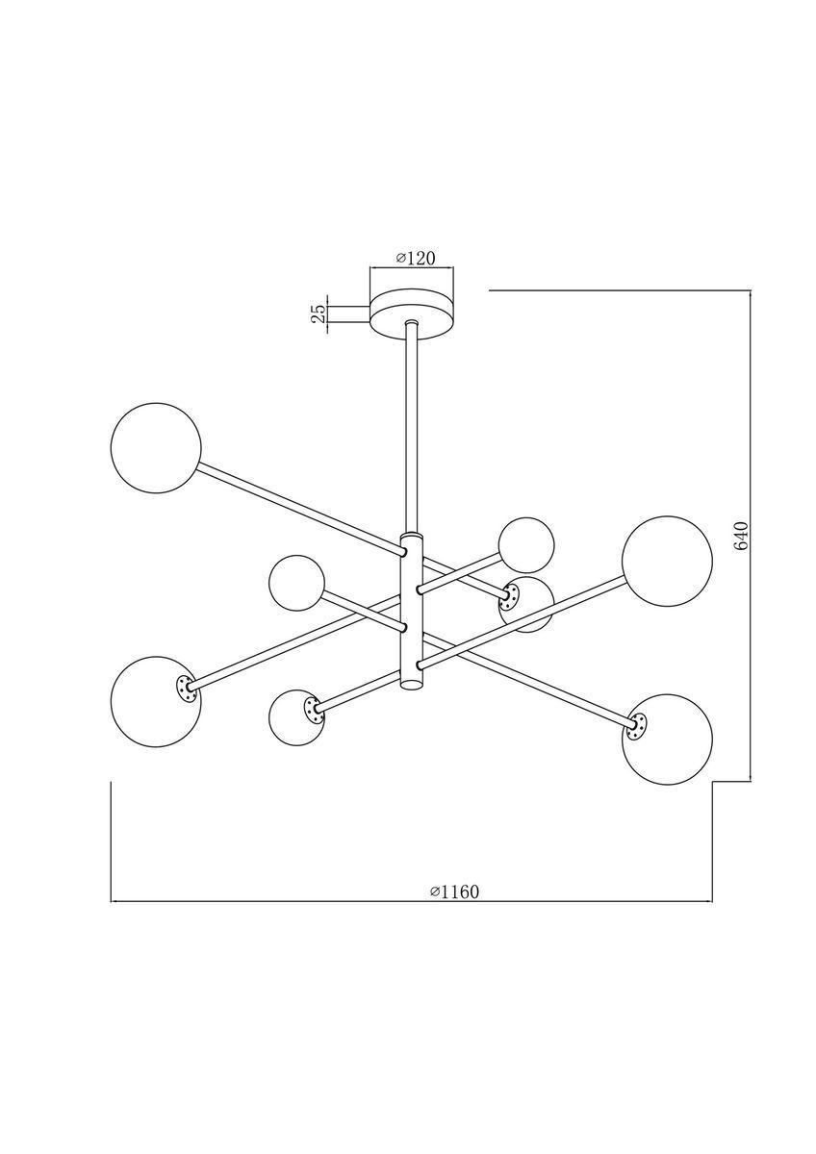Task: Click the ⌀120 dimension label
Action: tap(417, 259)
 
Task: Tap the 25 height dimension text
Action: tap(317, 314)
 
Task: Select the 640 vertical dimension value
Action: tap(741, 536)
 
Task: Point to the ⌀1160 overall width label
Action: tap(454, 891)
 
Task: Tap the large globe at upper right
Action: tap(667, 562)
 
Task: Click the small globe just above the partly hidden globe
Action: tap(526, 545)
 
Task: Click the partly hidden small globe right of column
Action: tap(532, 605)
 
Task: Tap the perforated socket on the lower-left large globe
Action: tap(184, 687)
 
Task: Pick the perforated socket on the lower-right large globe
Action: tap(635, 728)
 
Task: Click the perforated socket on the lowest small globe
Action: tap(312, 710)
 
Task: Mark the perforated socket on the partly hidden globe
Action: tap(507, 599)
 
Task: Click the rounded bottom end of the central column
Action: tap(412, 685)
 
